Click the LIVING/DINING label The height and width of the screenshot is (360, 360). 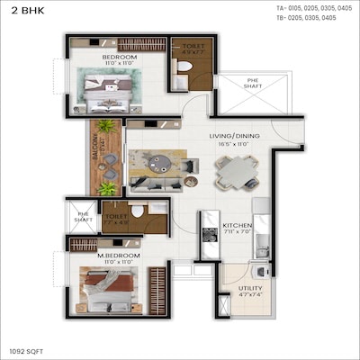coord(234,136)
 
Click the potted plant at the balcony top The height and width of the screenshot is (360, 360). coord(105,126)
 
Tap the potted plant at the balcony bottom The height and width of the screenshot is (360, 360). coord(105,188)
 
